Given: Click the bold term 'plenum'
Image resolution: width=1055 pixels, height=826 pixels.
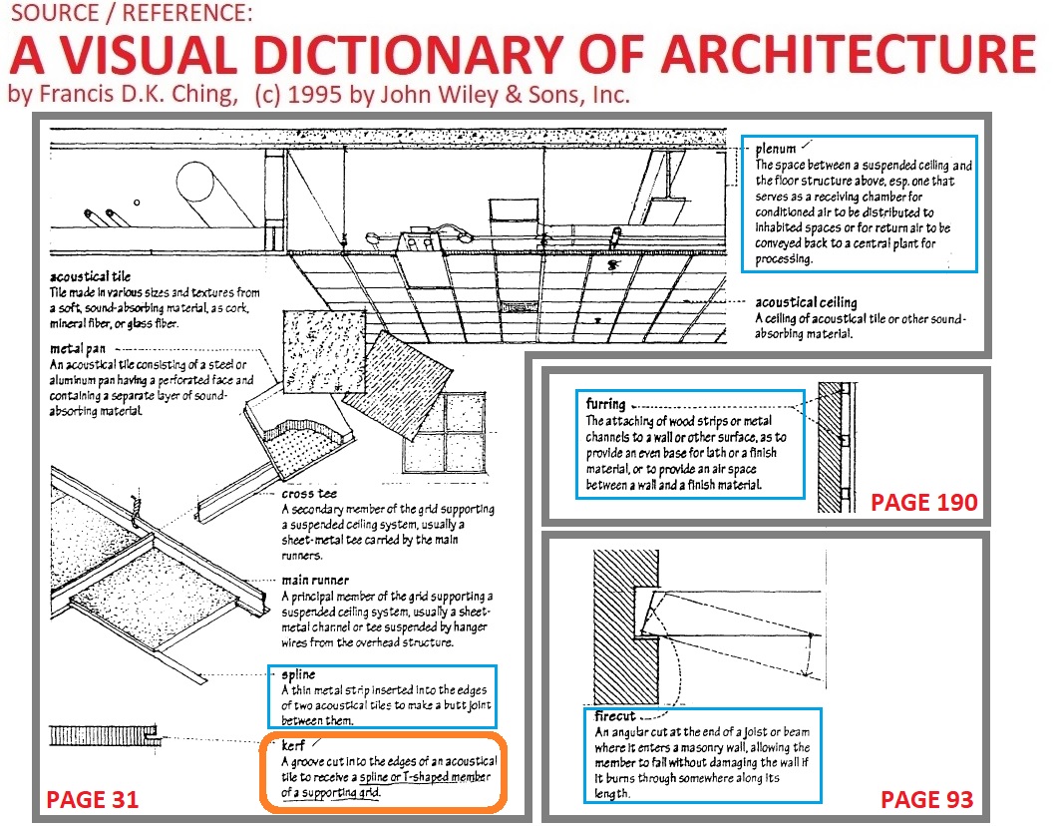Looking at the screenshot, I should [x=776, y=149].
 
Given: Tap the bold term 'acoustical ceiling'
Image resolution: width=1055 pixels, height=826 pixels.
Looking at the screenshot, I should [x=806, y=301].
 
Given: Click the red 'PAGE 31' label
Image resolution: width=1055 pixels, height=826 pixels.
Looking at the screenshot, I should [x=93, y=798].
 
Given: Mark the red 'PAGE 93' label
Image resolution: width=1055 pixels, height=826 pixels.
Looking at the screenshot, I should [x=926, y=798].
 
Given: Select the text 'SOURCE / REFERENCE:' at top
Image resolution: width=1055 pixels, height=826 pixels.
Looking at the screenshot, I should [x=130, y=16].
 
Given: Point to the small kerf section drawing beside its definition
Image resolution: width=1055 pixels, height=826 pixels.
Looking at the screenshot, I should [x=104, y=738].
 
